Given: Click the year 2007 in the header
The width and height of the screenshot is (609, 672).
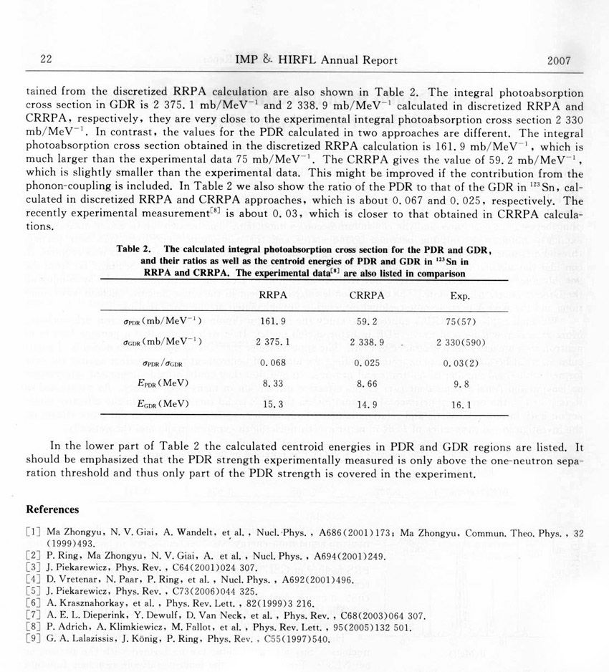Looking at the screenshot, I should click(x=559, y=60).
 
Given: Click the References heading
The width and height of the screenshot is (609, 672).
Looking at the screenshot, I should click(x=52, y=509).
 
